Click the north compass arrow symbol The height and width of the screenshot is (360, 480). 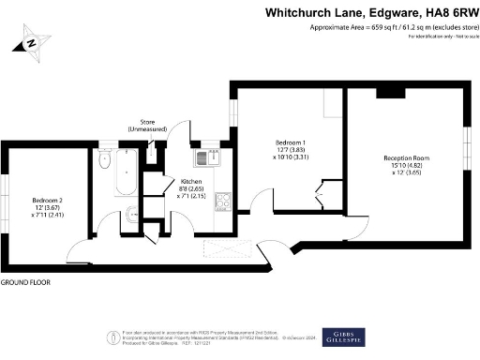(31, 42)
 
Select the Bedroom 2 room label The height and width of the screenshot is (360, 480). (46, 200)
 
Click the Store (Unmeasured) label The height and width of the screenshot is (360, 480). (148, 124)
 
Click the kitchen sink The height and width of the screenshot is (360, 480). (207, 157)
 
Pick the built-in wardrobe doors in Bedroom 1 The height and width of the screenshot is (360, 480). (321, 194)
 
